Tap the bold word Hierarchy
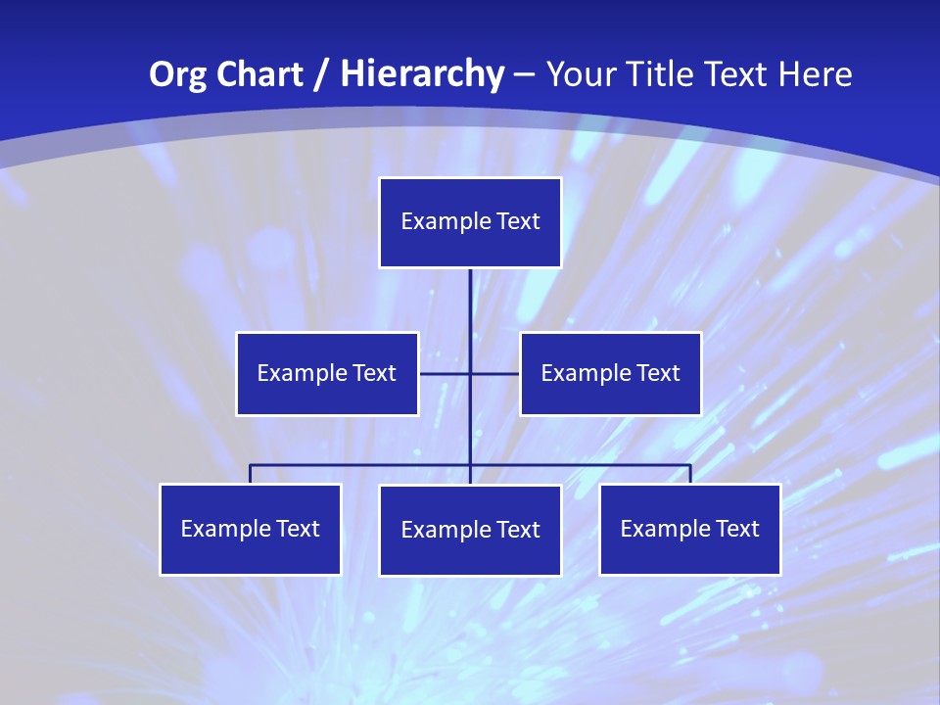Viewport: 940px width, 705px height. (422, 74)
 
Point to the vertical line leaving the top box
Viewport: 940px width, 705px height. (470, 304)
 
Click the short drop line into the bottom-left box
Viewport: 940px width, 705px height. (251, 474)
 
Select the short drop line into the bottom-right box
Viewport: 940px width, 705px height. (690, 474)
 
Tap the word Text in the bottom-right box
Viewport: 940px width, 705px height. (736, 529)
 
